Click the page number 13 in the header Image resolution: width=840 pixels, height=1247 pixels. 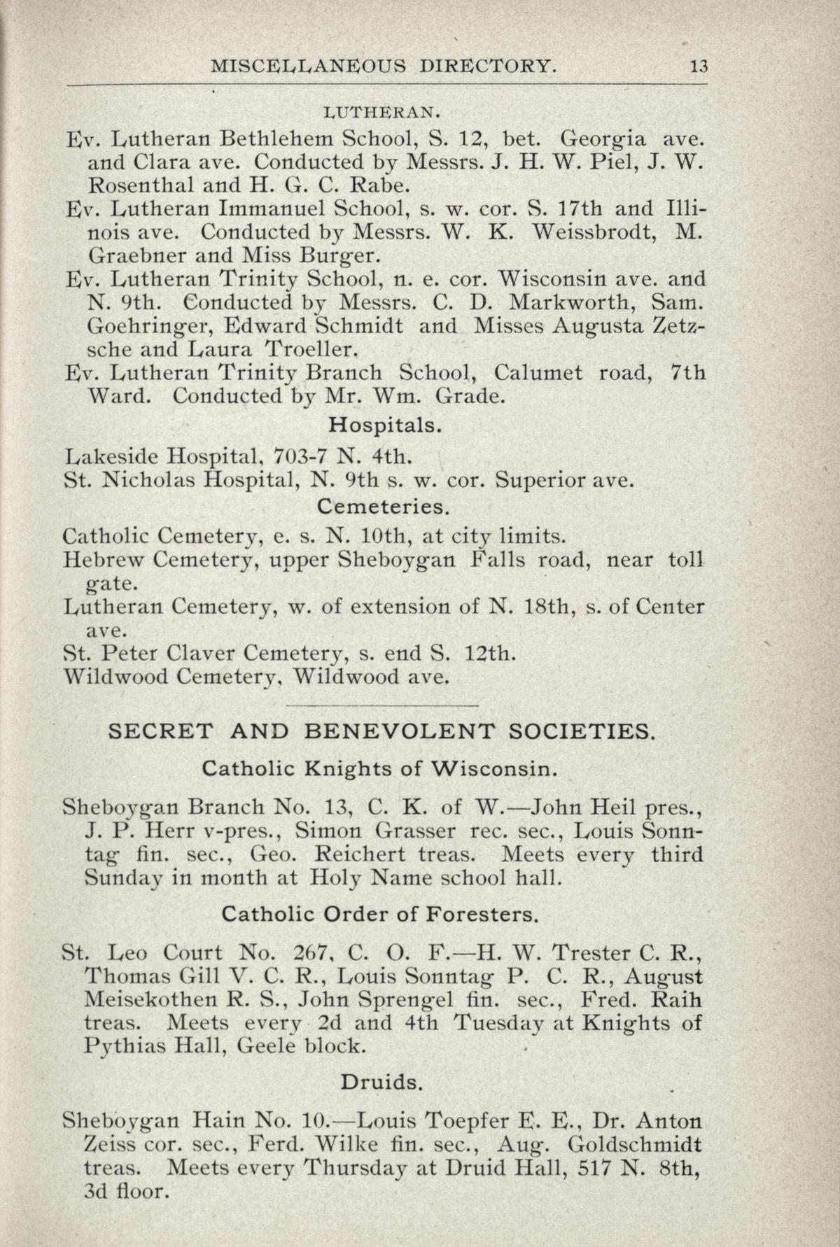click(x=699, y=66)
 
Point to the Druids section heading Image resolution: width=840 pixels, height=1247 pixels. click(x=381, y=1083)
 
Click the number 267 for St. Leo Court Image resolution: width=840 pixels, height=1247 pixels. click(x=309, y=953)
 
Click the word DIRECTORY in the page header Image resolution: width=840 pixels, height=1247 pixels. click(x=488, y=66)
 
